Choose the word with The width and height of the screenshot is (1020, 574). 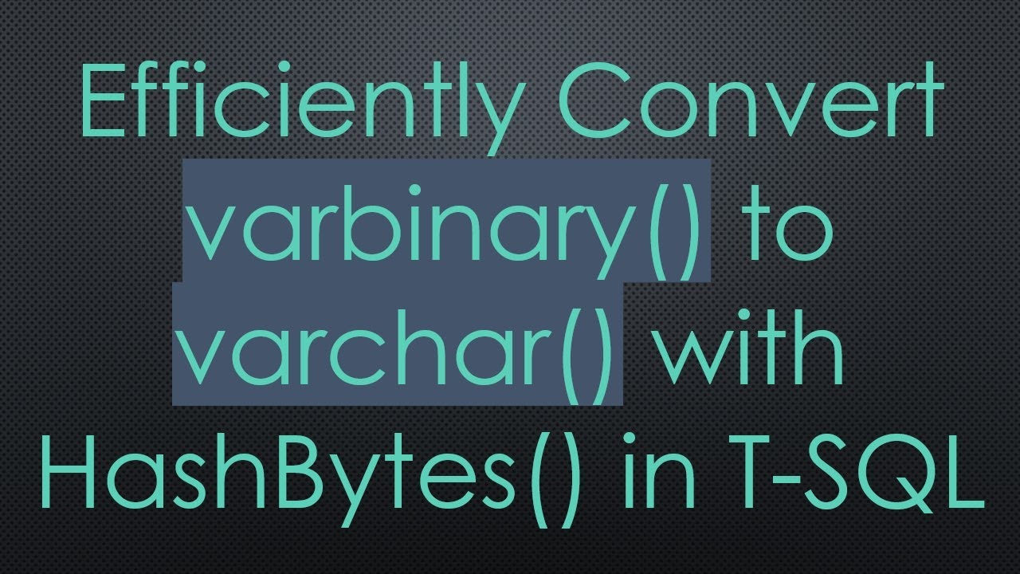[x=749, y=351]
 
